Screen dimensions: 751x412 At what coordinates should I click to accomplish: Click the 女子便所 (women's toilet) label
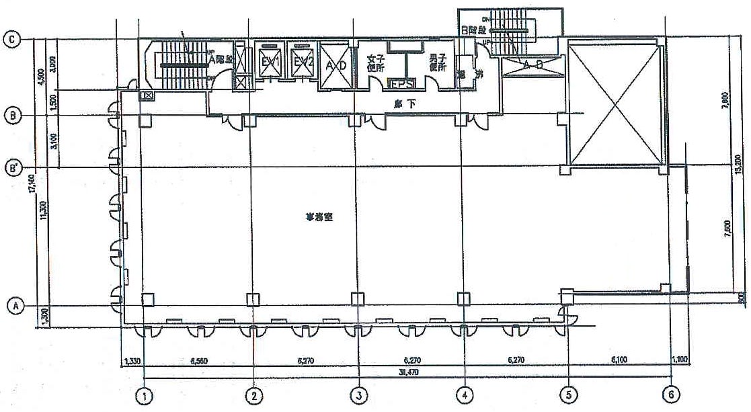375,63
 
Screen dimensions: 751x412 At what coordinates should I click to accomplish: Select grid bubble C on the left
11,40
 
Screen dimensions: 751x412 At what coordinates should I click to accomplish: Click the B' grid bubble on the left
12,166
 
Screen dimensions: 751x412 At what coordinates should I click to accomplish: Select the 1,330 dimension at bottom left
132,361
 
